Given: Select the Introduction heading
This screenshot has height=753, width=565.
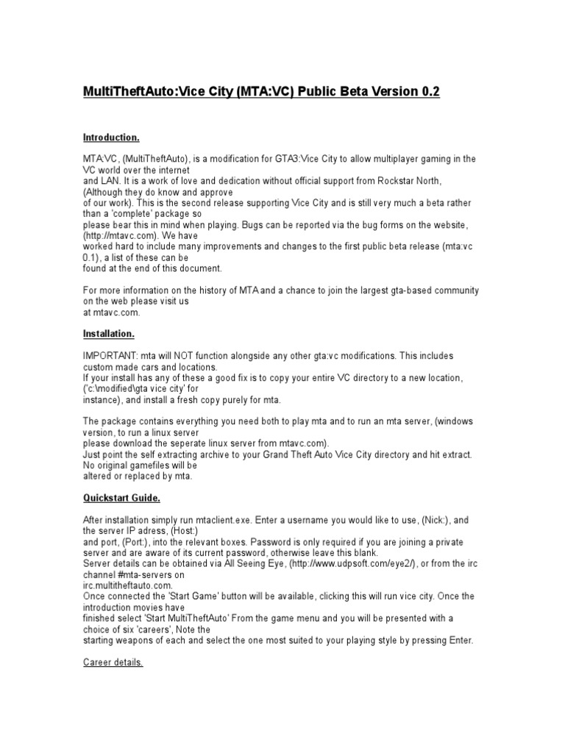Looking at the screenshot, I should (111, 138).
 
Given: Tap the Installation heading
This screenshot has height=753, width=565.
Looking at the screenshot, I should (108, 334).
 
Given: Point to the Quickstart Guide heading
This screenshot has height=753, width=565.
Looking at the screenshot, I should (121, 498).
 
